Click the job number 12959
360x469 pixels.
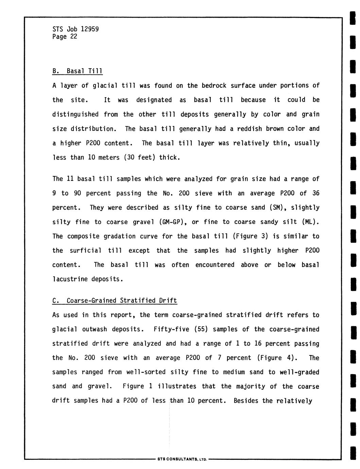pyautogui.click(x=90, y=29)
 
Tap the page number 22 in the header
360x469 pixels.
pyautogui.click(x=74, y=36)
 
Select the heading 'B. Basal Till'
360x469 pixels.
pyautogui.click(x=78, y=71)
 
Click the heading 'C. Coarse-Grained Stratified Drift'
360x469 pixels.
pyautogui.click(x=115, y=300)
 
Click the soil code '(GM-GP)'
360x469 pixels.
pyautogui.click(x=172, y=222)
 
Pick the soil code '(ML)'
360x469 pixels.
pyautogui.click(x=310, y=222)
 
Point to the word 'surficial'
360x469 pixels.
pyautogui.click(x=85, y=250)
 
